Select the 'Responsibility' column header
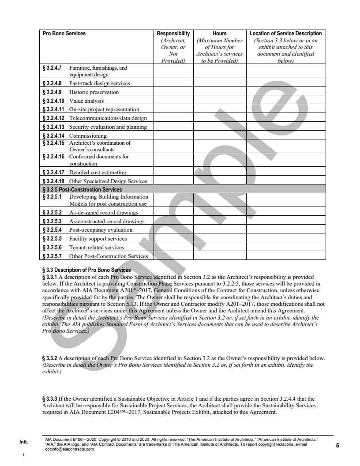click(173, 34)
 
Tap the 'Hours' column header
click(219, 34)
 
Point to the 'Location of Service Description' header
click(285, 34)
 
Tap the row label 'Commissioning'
click(88, 135)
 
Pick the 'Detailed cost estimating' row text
click(97, 172)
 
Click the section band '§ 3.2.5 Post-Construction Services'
click(82, 190)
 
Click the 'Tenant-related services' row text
click(97, 248)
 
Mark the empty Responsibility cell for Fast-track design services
click(173, 83)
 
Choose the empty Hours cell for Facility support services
click(219, 239)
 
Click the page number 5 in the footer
click(337, 445)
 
